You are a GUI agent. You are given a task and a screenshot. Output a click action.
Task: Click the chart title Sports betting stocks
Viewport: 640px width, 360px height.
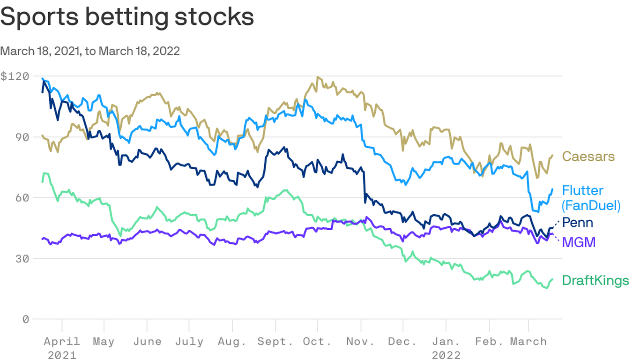click(127, 17)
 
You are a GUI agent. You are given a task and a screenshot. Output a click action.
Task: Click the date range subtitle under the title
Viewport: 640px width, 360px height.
click(90, 51)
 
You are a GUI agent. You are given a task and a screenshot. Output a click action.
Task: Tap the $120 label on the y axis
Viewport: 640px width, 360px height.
click(15, 76)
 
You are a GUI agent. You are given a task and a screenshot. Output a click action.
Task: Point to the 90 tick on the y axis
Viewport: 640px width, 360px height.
click(22, 137)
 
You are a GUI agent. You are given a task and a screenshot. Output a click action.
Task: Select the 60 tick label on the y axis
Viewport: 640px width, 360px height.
click(22, 198)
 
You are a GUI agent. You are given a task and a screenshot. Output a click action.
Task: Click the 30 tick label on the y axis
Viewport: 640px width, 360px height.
click(22, 259)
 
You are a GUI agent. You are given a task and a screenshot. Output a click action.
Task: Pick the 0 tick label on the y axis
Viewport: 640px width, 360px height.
click(26, 319)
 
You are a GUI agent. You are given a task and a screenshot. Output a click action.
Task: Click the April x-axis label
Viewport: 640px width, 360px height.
click(63, 342)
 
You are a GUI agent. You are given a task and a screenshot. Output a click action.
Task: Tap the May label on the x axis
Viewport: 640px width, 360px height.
click(104, 342)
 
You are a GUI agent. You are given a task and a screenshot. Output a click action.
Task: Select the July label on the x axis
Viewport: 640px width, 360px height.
click(189, 342)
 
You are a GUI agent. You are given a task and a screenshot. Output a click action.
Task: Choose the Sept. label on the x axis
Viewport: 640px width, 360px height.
click(275, 342)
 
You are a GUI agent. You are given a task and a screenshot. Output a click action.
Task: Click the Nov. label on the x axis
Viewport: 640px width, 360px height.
click(360, 342)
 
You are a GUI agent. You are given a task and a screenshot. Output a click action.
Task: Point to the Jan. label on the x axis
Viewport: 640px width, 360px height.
click(446, 342)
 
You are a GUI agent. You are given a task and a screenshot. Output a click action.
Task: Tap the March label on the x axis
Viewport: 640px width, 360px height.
click(528, 342)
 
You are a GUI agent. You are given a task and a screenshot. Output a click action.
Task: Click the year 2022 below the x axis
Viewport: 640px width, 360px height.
click(446, 355)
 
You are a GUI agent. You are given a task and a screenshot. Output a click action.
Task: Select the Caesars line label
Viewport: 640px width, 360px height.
click(588, 156)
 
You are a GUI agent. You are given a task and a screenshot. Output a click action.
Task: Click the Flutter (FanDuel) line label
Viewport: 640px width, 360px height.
click(591, 198)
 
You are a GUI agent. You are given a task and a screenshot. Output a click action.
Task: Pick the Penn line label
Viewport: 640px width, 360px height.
click(577, 222)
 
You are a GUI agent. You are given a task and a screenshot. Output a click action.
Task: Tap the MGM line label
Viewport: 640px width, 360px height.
click(579, 242)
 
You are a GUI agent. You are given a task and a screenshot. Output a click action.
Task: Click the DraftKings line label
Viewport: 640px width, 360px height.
click(595, 281)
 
